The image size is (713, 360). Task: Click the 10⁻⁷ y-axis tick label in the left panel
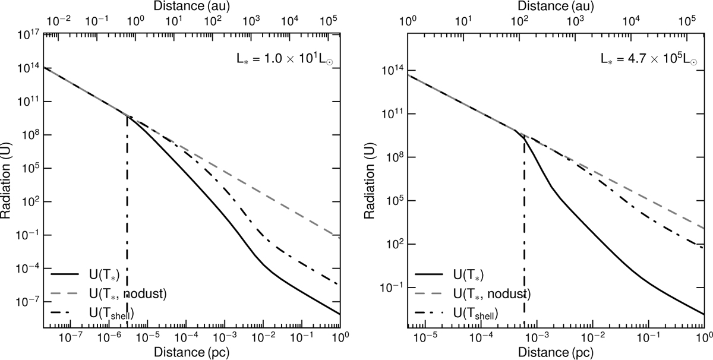[25, 302]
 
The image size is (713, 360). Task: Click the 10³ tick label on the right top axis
[575, 19]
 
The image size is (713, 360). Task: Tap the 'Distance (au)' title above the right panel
[556, 7]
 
